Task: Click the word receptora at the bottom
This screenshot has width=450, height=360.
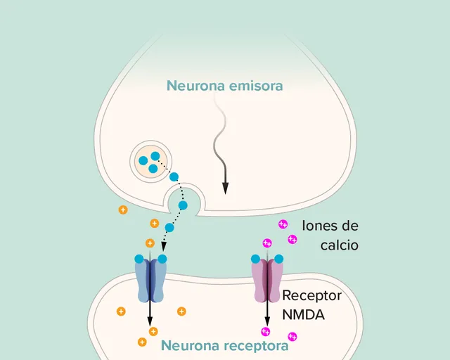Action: (x=256, y=346)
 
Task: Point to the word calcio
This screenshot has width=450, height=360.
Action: (x=340, y=245)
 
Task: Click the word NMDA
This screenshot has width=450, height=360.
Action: (x=303, y=314)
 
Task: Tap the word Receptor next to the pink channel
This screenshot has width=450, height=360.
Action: (x=312, y=295)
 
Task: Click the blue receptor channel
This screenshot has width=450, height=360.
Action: (x=150, y=280)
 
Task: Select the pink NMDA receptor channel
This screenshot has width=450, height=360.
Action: (x=267, y=281)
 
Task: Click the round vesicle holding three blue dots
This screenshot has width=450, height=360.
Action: (x=150, y=162)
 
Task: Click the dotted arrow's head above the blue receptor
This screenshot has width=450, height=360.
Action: (x=164, y=247)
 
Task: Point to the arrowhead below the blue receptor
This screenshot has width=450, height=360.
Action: (x=150, y=321)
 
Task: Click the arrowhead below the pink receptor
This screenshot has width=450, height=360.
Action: (x=267, y=321)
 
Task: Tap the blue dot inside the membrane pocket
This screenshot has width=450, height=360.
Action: (x=183, y=205)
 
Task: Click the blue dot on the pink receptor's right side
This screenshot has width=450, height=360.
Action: (x=278, y=259)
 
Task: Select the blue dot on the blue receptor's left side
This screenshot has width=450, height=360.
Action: (x=139, y=259)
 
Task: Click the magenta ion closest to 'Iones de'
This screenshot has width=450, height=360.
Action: (x=283, y=224)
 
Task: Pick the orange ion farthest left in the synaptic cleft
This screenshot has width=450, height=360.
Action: (x=123, y=210)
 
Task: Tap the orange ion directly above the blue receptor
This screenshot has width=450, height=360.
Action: (x=150, y=243)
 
